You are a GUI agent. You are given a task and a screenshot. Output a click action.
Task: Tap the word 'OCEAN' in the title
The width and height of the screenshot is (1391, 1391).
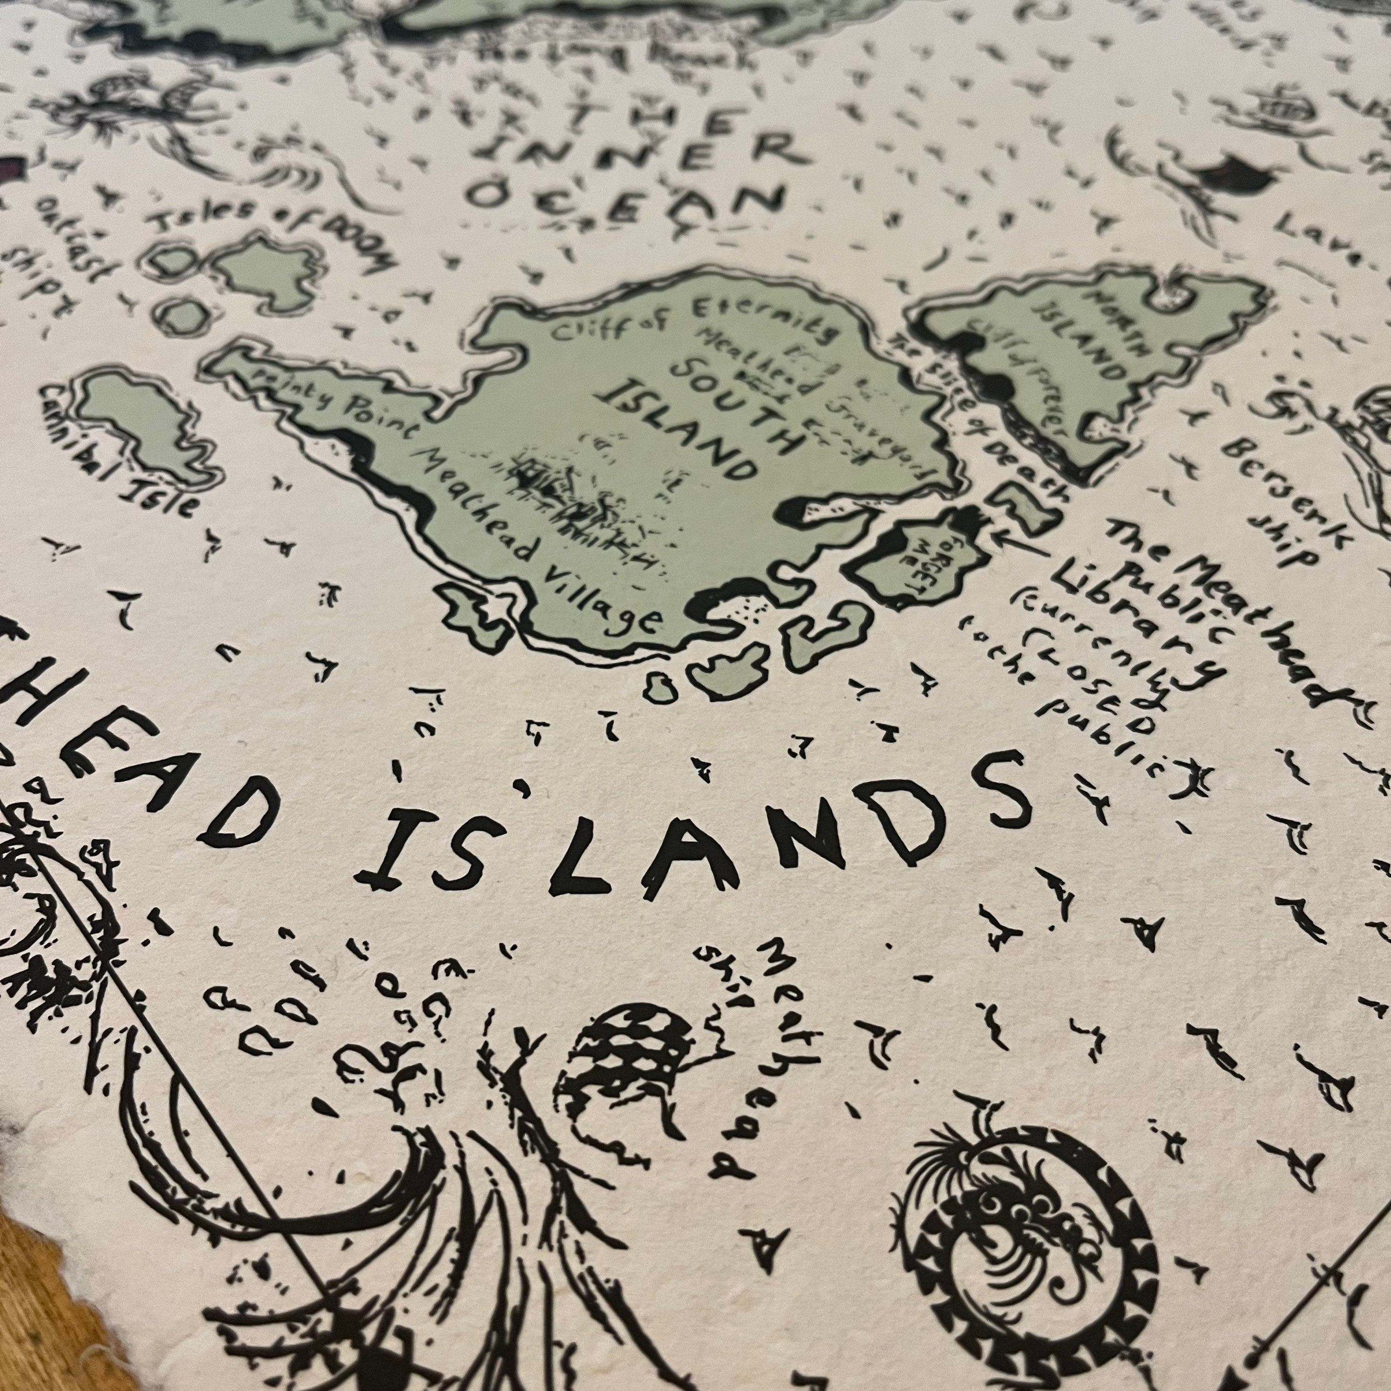click(x=623, y=198)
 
